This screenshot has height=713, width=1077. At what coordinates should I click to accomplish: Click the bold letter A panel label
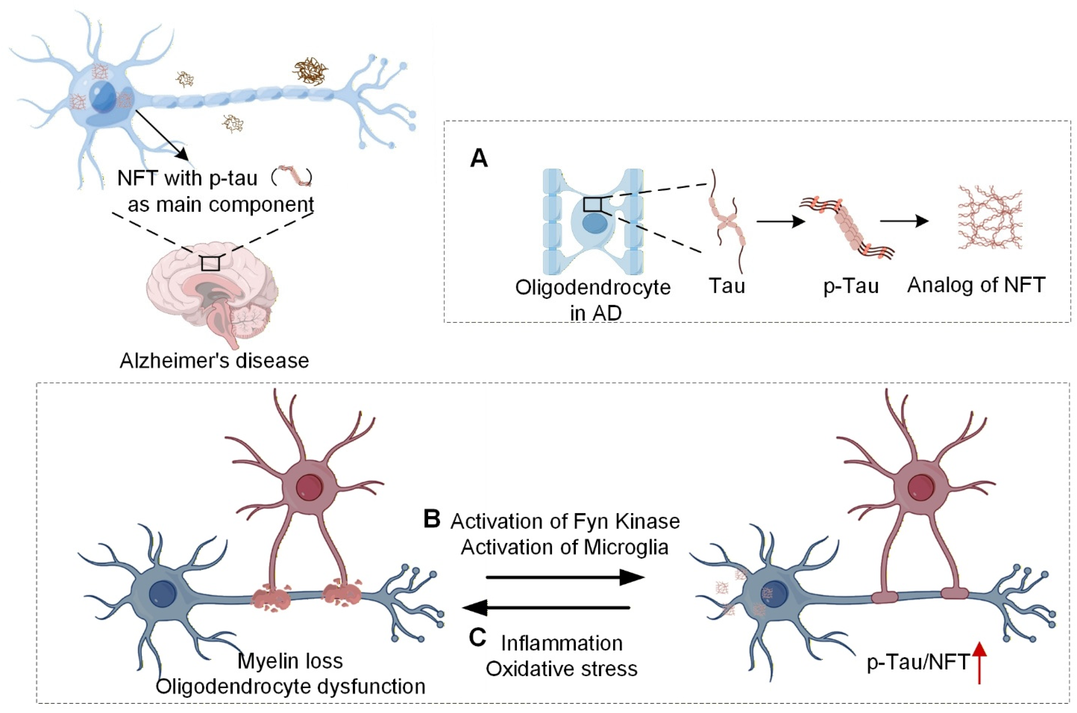coord(478,159)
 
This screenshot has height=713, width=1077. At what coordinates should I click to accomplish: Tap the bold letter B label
coord(432,519)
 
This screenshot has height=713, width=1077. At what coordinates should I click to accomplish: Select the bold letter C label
coord(477,637)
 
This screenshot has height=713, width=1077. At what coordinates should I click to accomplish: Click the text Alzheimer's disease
coord(214,361)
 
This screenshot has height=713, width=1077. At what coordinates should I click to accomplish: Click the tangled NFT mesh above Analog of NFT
coord(990,217)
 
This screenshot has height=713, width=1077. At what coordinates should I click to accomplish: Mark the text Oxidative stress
coord(561,669)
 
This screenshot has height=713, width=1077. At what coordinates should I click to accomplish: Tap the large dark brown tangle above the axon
coord(310,69)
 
